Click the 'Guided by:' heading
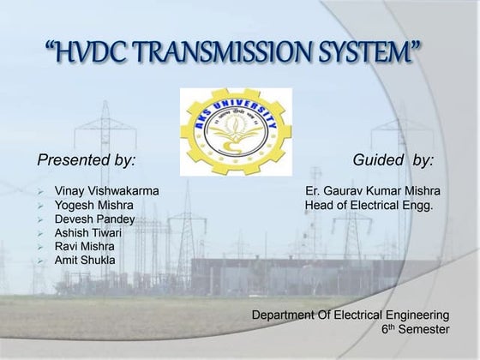[393, 159]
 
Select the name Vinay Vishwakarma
[106, 190]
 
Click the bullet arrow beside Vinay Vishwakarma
[40, 190]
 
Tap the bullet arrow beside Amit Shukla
[40, 260]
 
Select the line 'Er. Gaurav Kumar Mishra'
[370, 190]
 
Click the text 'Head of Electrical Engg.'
[370, 206]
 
